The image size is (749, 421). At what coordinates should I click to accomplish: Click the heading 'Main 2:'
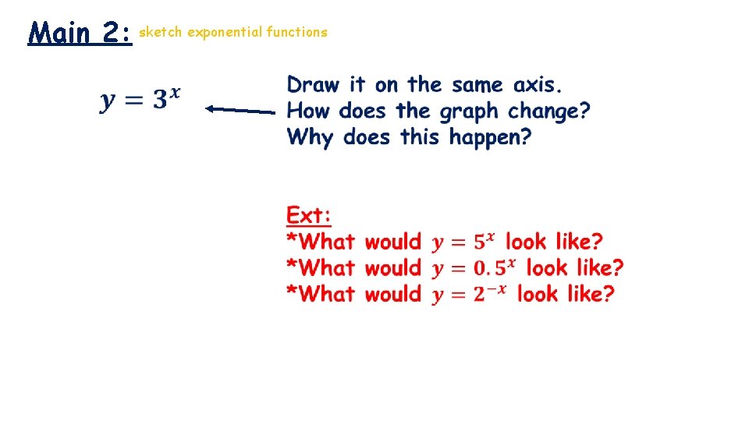[x=80, y=34]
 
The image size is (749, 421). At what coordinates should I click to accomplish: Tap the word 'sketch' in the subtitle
[x=161, y=32]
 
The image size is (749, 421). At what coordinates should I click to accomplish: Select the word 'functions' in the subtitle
[x=296, y=32]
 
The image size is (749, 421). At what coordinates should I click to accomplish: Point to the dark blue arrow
[x=240, y=110]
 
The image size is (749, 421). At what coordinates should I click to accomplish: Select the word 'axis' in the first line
[x=538, y=84]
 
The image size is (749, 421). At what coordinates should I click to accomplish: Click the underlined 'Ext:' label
[x=309, y=215]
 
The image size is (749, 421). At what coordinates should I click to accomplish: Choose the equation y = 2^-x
[x=470, y=294]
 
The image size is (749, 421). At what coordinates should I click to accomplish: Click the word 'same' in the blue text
[x=477, y=84]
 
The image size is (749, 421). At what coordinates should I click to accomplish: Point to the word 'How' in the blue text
[x=310, y=111]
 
